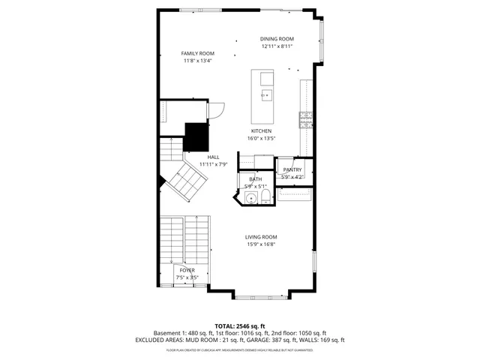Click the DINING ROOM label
[277, 39]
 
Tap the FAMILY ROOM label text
[198, 53]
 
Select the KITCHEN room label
[261, 130]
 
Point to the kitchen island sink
[265, 95]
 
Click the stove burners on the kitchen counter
[306, 118]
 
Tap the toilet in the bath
[265, 196]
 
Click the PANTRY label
[292, 170]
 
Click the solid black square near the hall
[196, 136]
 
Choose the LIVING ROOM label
[261, 237]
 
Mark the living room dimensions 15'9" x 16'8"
[261, 244]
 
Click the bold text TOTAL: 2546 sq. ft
[240, 325]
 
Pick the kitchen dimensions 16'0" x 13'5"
[261, 138]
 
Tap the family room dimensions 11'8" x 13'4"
[198, 61]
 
